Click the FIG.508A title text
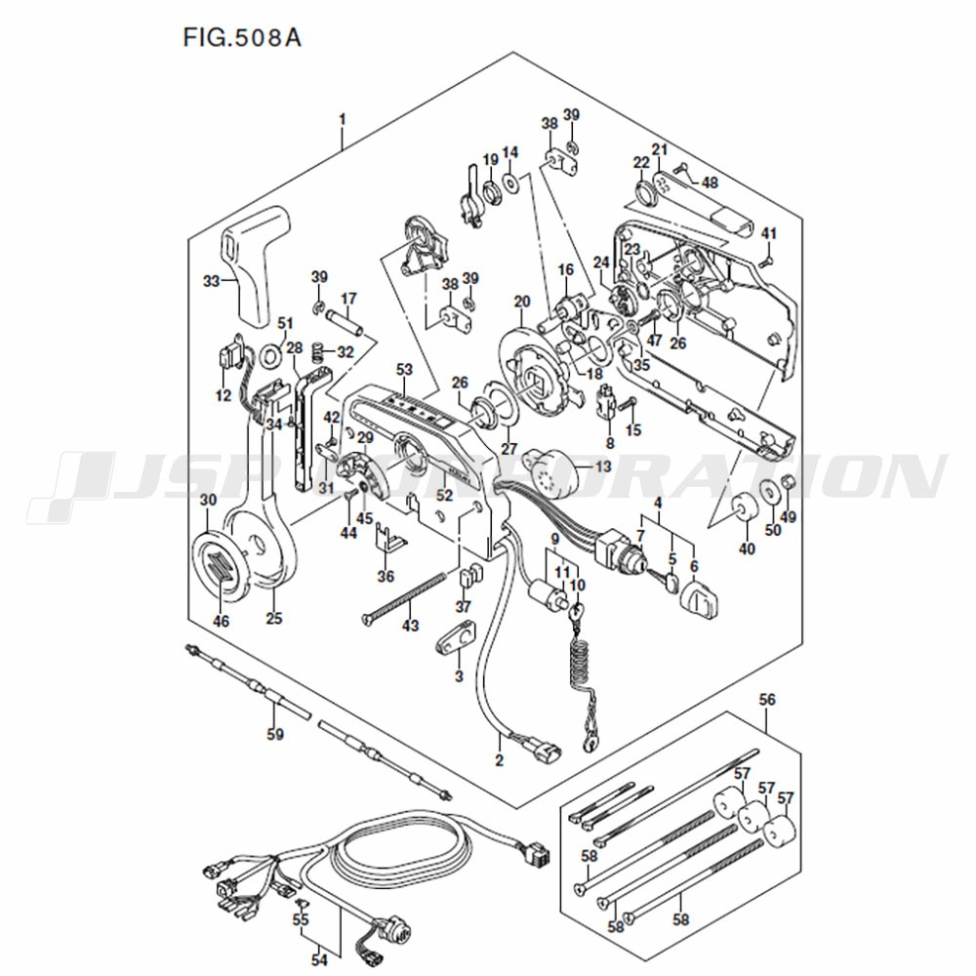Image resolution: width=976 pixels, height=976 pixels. (x=242, y=37)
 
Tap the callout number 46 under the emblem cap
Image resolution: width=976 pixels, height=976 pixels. (x=222, y=621)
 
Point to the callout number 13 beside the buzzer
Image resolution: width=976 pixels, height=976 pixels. (x=603, y=467)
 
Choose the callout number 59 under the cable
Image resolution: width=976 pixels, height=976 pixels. (x=275, y=734)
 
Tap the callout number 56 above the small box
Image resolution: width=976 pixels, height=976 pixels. (x=767, y=700)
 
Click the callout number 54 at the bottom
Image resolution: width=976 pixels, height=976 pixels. (x=319, y=960)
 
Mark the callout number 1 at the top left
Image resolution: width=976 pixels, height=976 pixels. (x=342, y=119)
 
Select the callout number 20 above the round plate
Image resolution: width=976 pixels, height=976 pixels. (x=522, y=302)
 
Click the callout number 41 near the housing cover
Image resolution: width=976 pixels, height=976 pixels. (x=770, y=234)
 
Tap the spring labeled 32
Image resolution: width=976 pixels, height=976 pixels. (x=317, y=351)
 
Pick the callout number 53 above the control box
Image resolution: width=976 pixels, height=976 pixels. (x=405, y=370)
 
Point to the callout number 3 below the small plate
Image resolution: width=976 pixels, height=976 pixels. (x=459, y=676)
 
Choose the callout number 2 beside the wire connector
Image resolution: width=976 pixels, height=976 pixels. (x=499, y=759)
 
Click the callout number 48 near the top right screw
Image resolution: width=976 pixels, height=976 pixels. (x=710, y=182)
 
